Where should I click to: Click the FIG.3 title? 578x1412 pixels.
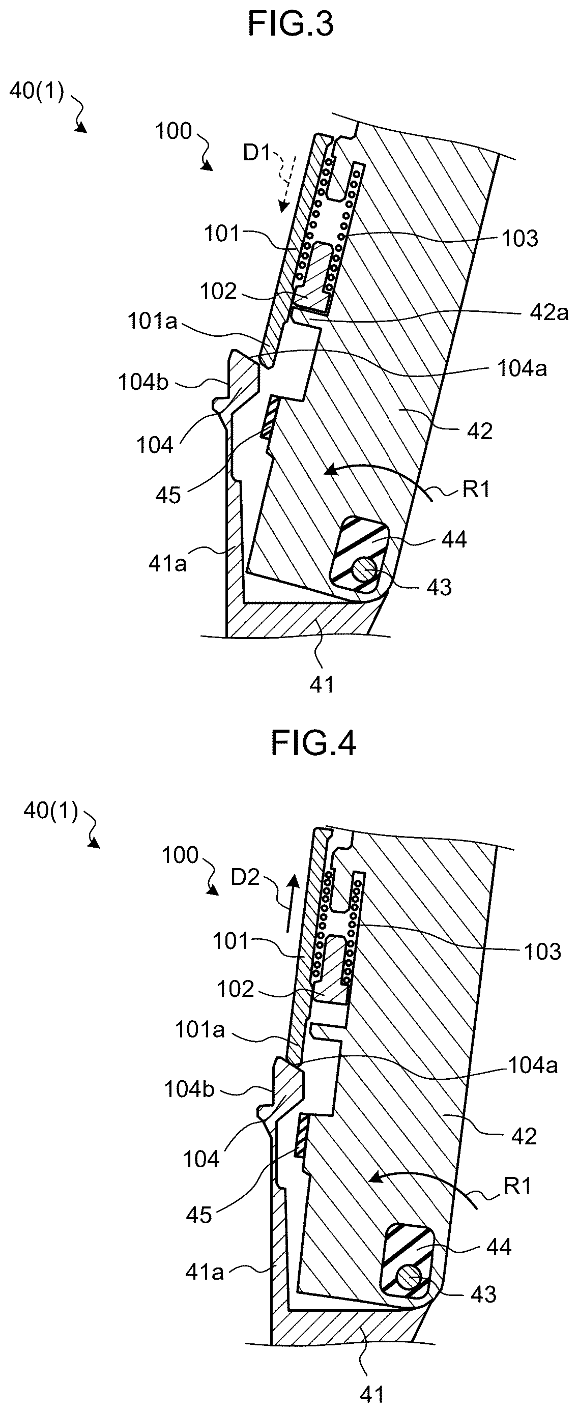[x=291, y=24]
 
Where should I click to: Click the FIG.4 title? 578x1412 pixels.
[x=314, y=744]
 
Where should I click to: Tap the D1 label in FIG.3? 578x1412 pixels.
[x=257, y=153]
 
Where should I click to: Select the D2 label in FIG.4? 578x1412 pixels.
[x=244, y=878]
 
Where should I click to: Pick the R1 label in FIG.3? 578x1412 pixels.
[x=476, y=488]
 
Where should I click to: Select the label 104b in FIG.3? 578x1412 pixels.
[x=143, y=382]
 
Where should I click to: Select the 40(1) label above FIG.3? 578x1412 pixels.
[x=37, y=91]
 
